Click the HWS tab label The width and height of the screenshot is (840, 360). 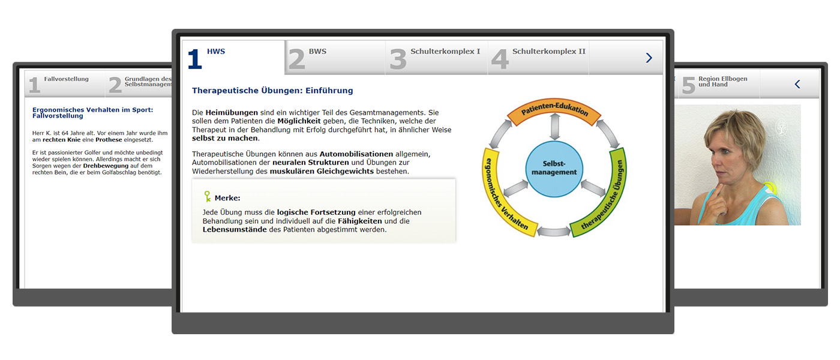pos(216,52)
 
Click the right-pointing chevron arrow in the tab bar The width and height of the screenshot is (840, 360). pos(649,58)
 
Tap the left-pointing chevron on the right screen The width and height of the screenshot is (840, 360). pos(797,84)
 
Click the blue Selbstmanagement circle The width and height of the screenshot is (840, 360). pos(554,169)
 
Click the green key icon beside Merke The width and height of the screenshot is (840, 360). pos(208,197)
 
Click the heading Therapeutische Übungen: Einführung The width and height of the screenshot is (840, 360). pos(272,91)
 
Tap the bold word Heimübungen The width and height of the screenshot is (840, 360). pos(232,113)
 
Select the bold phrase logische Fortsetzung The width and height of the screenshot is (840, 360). pos(316,212)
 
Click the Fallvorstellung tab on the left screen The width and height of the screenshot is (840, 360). pos(67,79)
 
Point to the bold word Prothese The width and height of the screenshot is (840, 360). pos(109,140)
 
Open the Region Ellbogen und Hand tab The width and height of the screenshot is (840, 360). pos(722,82)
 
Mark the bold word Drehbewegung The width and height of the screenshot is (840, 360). pos(106,166)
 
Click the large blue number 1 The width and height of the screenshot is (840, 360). pos(194,59)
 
